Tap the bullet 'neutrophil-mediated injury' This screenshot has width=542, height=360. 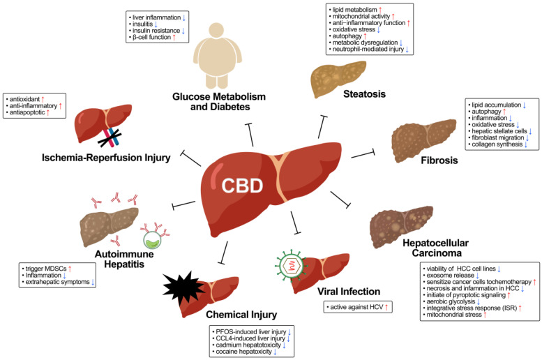pos(373,50)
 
